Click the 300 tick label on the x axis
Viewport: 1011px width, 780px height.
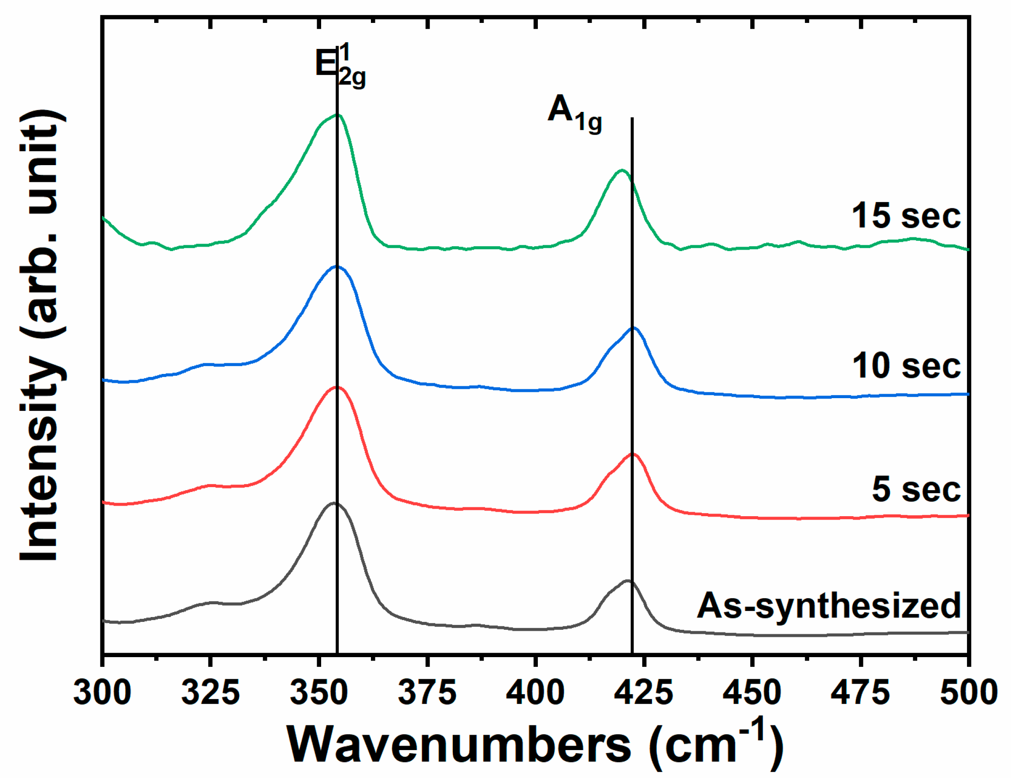(x=102, y=693)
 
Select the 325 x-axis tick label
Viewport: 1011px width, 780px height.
(x=211, y=693)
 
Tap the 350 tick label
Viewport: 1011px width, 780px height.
(x=319, y=693)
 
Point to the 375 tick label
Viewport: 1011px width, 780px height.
(x=427, y=693)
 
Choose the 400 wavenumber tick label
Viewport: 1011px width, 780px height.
(x=536, y=693)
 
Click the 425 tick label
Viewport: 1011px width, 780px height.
(x=644, y=693)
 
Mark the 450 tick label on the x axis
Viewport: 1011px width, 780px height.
(x=752, y=693)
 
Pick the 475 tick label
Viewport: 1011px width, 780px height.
(x=860, y=693)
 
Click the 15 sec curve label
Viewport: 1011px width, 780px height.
(x=907, y=216)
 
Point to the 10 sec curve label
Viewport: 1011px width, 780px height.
(x=907, y=366)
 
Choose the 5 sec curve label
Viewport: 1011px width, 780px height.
(x=917, y=489)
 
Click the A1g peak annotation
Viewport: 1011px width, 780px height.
(x=574, y=114)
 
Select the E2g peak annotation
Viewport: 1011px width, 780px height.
(x=340, y=65)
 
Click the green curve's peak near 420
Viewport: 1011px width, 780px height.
(x=622, y=170)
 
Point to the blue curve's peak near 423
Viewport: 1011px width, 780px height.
(x=634, y=328)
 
